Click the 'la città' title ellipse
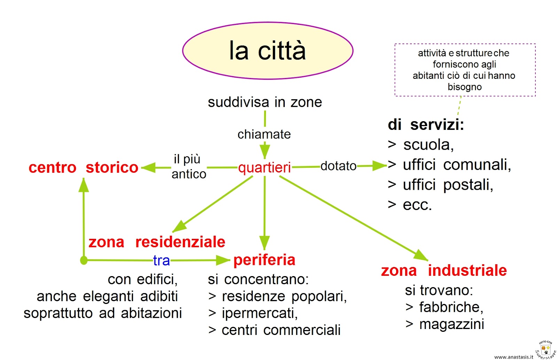click(x=268, y=51)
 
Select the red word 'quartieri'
click(x=265, y=167)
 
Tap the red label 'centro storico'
click(x=84, y=167)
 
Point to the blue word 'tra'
click(x=162, y=260)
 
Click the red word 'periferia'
click(x=264, y=260)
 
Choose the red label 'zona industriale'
click(x=444, y=271)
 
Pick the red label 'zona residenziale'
click(x=157, y=242)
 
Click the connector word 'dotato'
click(x=338, y=166)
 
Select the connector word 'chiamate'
click(x=264, y=134)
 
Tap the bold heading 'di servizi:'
click(x=426, y=125)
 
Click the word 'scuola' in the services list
click(x=428, y=145)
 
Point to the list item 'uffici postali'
click(x=448, y=185)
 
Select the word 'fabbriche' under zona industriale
click(x=451, y=307)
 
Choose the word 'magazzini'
click(x=452, y=324)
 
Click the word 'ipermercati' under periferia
click(x=259, y=313)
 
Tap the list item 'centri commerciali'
click(x=281, y=330)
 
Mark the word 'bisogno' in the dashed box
click(x=464, y=87)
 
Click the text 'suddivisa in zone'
click(x=265, y=102)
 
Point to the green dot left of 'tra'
click(x=84, y=260)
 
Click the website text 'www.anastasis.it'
click(x=513, y=357)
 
